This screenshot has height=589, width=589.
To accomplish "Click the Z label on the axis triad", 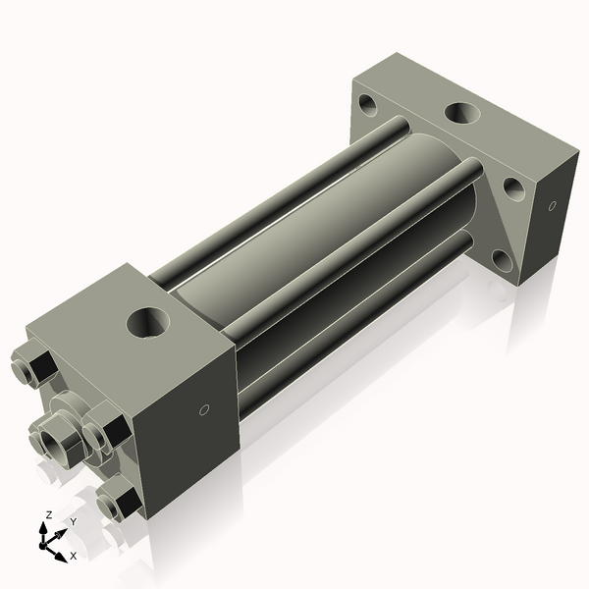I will tap(48, 514).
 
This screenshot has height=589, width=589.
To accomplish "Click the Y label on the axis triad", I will tap(73, 522).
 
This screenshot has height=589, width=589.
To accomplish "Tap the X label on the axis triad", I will tap(73, 556).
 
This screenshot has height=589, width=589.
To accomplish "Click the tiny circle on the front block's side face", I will tap(203, 408).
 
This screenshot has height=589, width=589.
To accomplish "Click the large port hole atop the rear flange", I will tap(461, 112).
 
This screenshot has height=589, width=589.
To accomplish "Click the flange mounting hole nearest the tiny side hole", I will tap(511, 186).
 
